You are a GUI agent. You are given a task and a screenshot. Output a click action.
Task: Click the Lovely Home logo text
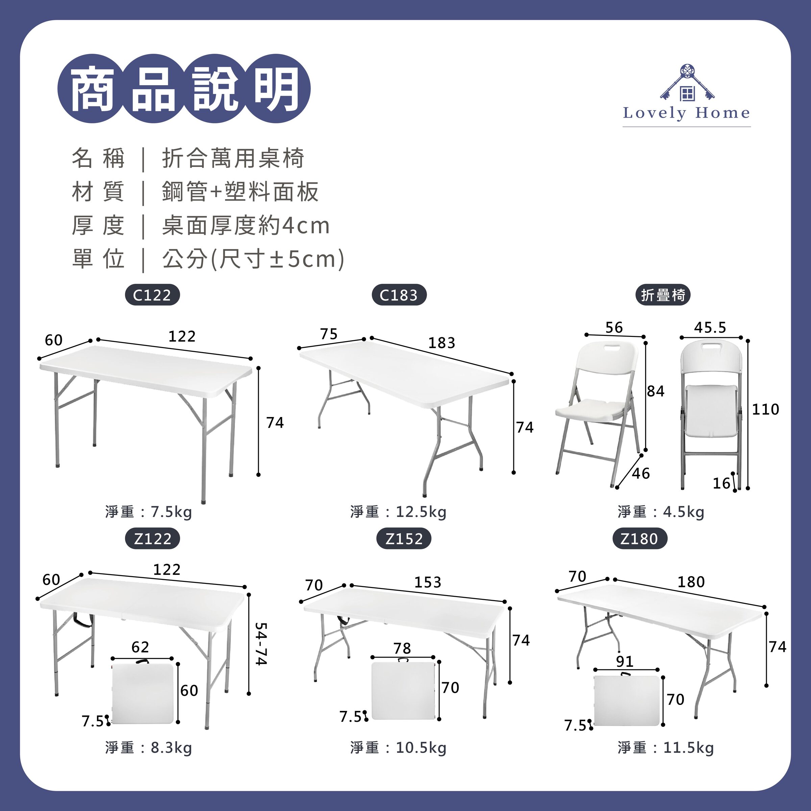[686, 113]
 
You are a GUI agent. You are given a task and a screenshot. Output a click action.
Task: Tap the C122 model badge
[152, 295]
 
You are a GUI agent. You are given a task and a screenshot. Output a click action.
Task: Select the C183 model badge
[399, 295]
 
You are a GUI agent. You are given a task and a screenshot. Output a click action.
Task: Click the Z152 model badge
[404, 539]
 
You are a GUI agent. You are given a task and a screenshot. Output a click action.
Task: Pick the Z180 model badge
[639, 539]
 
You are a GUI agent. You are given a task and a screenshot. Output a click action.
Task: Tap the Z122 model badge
[152, 539]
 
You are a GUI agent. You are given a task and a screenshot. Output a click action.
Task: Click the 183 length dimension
[442, 343]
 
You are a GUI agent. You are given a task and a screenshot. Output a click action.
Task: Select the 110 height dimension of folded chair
[765, 409]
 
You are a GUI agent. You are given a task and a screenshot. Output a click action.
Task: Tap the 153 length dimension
[428, 582]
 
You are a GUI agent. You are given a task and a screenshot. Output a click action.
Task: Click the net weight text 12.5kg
[398, 512]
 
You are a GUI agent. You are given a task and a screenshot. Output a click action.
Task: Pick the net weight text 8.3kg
[149, 747]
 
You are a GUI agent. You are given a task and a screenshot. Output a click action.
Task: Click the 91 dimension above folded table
[624, 662]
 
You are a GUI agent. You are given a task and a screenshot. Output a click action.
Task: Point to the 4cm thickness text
[305, 226]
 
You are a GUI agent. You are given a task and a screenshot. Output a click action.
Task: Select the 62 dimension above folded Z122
[140, 647]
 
